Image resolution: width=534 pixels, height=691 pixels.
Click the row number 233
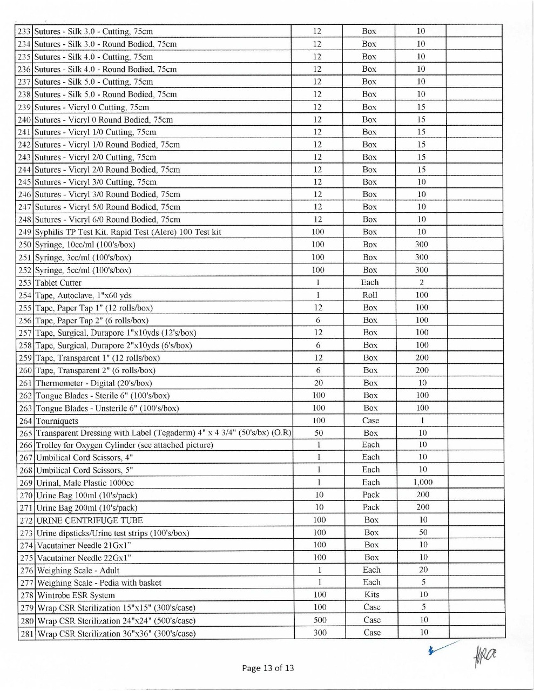pos(25,31)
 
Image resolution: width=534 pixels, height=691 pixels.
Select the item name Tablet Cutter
pos(58,283)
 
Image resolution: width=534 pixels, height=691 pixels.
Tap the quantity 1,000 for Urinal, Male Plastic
pos(423,482)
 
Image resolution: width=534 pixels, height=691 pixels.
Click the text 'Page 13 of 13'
pos(268,668)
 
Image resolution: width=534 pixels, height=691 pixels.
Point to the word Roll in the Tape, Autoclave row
pos(370,295)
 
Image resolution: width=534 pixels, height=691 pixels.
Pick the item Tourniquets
pos(57,421)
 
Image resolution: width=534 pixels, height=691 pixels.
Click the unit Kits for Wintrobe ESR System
pos(371,594)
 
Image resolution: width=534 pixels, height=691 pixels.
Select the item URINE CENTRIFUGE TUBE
pos(90,520)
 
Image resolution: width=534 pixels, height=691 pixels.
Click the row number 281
pos(27,634)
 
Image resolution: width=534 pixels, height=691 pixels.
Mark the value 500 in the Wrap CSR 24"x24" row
pos(320,620)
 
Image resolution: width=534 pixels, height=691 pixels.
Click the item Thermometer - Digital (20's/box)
pos(93,383)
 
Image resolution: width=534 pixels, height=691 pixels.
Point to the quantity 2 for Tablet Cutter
pos(422,282)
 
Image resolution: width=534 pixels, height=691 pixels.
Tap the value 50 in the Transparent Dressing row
pos(319,433)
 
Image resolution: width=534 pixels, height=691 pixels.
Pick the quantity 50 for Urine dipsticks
pos(423,532)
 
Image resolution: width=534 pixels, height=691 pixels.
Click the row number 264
pos(26,421)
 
